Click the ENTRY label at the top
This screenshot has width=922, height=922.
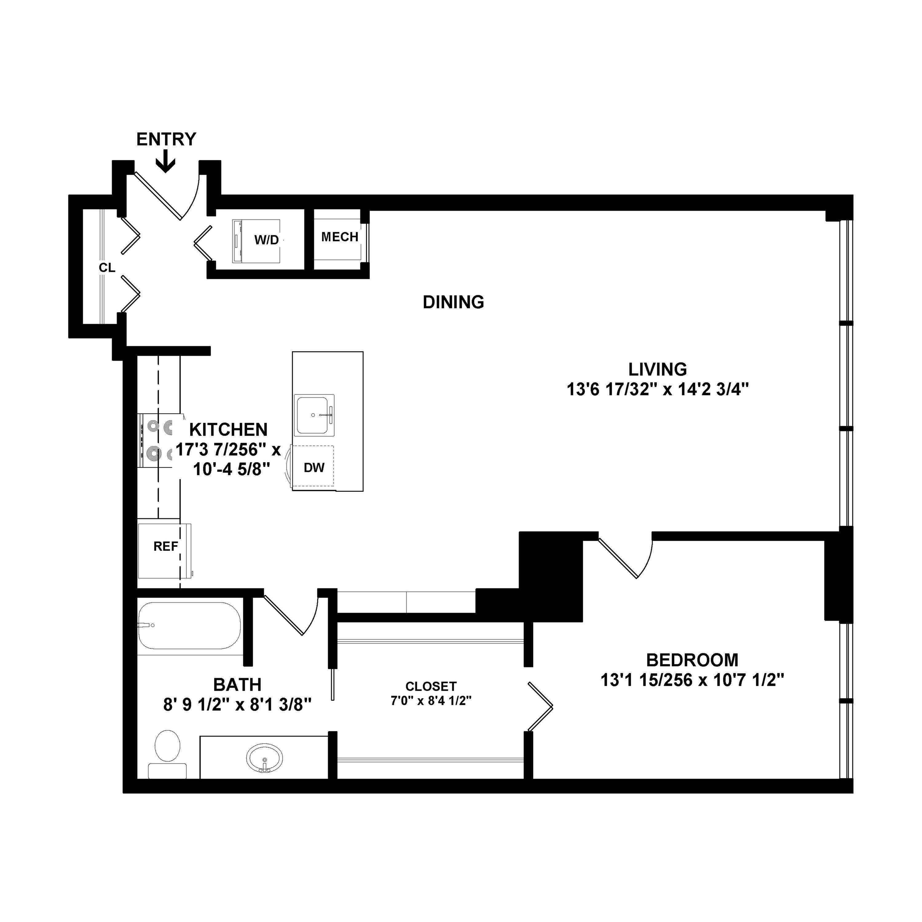[166, 139]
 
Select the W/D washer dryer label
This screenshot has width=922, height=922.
[266, 240]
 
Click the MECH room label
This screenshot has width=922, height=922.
[340, 237]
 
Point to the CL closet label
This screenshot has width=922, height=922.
[107, 268]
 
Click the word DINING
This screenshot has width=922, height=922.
[453, 302]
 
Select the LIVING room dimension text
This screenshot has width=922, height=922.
[657, 390]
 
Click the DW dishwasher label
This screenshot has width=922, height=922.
[314, 468]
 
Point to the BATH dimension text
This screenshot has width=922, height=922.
[237, 705]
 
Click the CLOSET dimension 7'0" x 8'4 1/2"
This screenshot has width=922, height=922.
[431, 701]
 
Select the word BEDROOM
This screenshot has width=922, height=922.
[692, 660]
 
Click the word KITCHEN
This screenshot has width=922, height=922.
[228, 430]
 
